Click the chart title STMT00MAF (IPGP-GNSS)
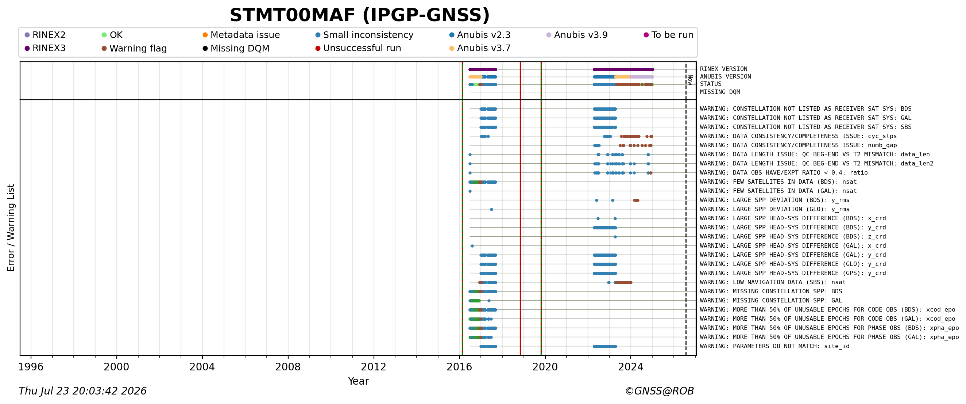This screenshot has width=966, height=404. click(x=360, y=15)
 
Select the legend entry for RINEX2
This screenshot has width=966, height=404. click(x=45, y=35)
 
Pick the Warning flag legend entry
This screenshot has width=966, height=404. click(x=134, y=49)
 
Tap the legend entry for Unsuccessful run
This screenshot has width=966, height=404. click(x=358, y=48)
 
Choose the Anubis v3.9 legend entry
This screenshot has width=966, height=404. click(x=577, y=35)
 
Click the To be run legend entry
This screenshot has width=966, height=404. click(x=668, y=35)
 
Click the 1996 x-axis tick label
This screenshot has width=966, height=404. click(x=31, y=367)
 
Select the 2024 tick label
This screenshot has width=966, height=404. click(x=630, y=367)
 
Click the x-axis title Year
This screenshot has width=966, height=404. click(x=358, y=381)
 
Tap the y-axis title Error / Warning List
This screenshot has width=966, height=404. click(x=11, y=228)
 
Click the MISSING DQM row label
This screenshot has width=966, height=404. click(x=720, y=92)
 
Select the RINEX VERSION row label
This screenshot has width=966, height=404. click(x=723, y=69)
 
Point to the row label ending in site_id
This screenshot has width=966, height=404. click(x=774, y=346)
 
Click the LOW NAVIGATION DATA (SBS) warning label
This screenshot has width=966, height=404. click(x=773, y=282)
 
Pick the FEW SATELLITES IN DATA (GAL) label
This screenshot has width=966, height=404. click(x=778, y=191)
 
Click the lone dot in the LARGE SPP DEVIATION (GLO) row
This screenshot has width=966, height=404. click(x=491, y=210)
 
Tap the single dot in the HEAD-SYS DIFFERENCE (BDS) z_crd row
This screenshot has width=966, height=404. click(x=615, y=237)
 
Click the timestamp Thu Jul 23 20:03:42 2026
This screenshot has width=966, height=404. click(x=82, y=391)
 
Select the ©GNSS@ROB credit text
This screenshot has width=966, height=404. click(x=659, y=391)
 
